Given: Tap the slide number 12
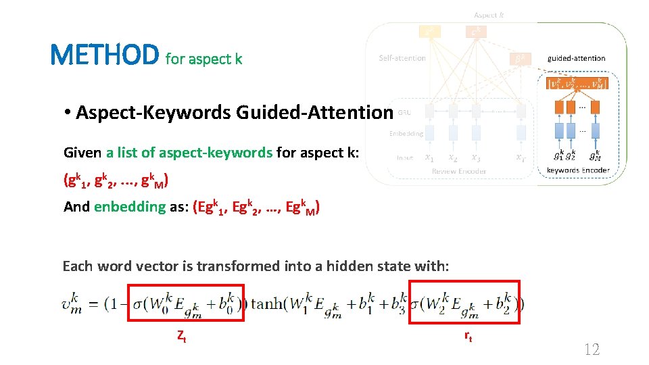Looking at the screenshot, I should point(591,349).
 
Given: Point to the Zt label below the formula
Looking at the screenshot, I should point(181,335).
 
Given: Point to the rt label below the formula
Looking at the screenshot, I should point(468,335).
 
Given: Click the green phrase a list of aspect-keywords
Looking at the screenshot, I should point(189,153).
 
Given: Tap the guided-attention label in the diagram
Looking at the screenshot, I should point(577,59).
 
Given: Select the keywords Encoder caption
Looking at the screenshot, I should point(578,170).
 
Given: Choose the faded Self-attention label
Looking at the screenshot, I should point(402,58).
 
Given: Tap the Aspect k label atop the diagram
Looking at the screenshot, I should point(489,15).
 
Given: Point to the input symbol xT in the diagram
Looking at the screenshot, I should point(521,157).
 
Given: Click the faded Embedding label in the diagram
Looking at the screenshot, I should point(406,133).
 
